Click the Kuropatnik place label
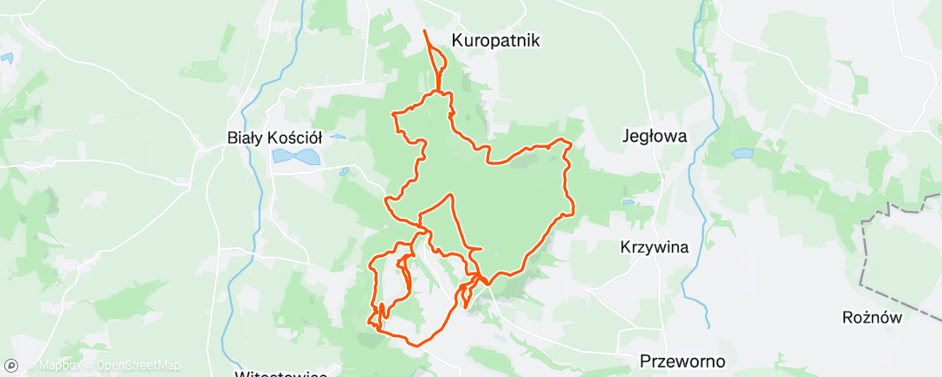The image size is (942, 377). [x=496, y=40]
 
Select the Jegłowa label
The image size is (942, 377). [x=655, y=136]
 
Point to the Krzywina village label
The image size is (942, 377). [x=655, y=247]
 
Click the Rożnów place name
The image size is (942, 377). [x=872, y=317]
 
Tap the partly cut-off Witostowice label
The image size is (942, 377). [x=281, y=374]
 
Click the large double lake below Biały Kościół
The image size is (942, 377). [x=294, y=157]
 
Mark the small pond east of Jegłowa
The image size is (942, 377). [x=742, y=154]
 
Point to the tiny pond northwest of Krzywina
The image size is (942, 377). [x=628, y=202]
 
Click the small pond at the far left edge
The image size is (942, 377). [x=7, y=59]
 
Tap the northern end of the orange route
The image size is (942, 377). [x=424, y=31]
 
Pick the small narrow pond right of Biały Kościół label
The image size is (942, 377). [x=337, y=137]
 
